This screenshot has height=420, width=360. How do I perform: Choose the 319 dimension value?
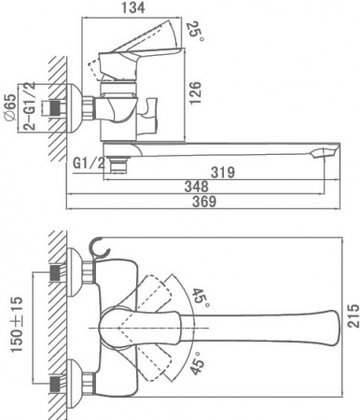click(x=219, y=172)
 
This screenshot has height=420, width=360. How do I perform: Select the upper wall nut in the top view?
click(x=61, y=272)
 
